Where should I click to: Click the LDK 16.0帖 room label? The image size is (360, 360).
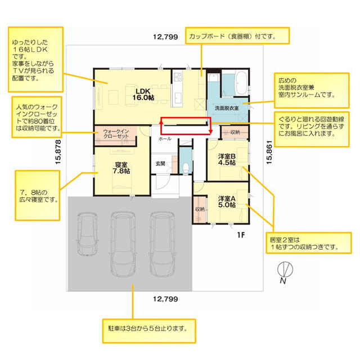tap(143, 94)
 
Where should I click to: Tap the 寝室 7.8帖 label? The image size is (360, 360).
tap(121, 168)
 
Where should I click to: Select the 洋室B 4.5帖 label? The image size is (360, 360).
tap(227, 160)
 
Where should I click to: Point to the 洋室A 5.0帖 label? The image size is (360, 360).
tap(227, 201)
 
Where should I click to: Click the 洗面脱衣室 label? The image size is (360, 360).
tap(227, 108)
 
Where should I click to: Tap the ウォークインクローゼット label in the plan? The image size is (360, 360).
tap(116, 134)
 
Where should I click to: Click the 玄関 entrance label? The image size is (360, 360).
tap(160, 164)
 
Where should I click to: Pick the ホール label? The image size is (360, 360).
tap(165, 139)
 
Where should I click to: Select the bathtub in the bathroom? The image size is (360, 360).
tap(241, 83)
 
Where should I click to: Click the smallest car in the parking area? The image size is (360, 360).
tap(87, 233)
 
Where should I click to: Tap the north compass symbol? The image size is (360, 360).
tap(285, 269)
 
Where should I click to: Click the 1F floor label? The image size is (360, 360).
tap(241, 235)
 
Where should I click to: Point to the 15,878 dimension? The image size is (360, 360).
tap(58, 152)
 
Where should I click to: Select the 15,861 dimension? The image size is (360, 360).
tap(269, 152)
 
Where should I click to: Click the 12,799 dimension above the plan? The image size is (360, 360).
tap(165, 37)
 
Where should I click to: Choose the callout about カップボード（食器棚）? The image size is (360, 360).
tap(237, 35)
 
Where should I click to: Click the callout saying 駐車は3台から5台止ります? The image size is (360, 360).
tap(149, 331)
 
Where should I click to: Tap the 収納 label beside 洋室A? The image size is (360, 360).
tap(200, 209)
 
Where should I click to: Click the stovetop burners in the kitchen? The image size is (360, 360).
tap(178, 76)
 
